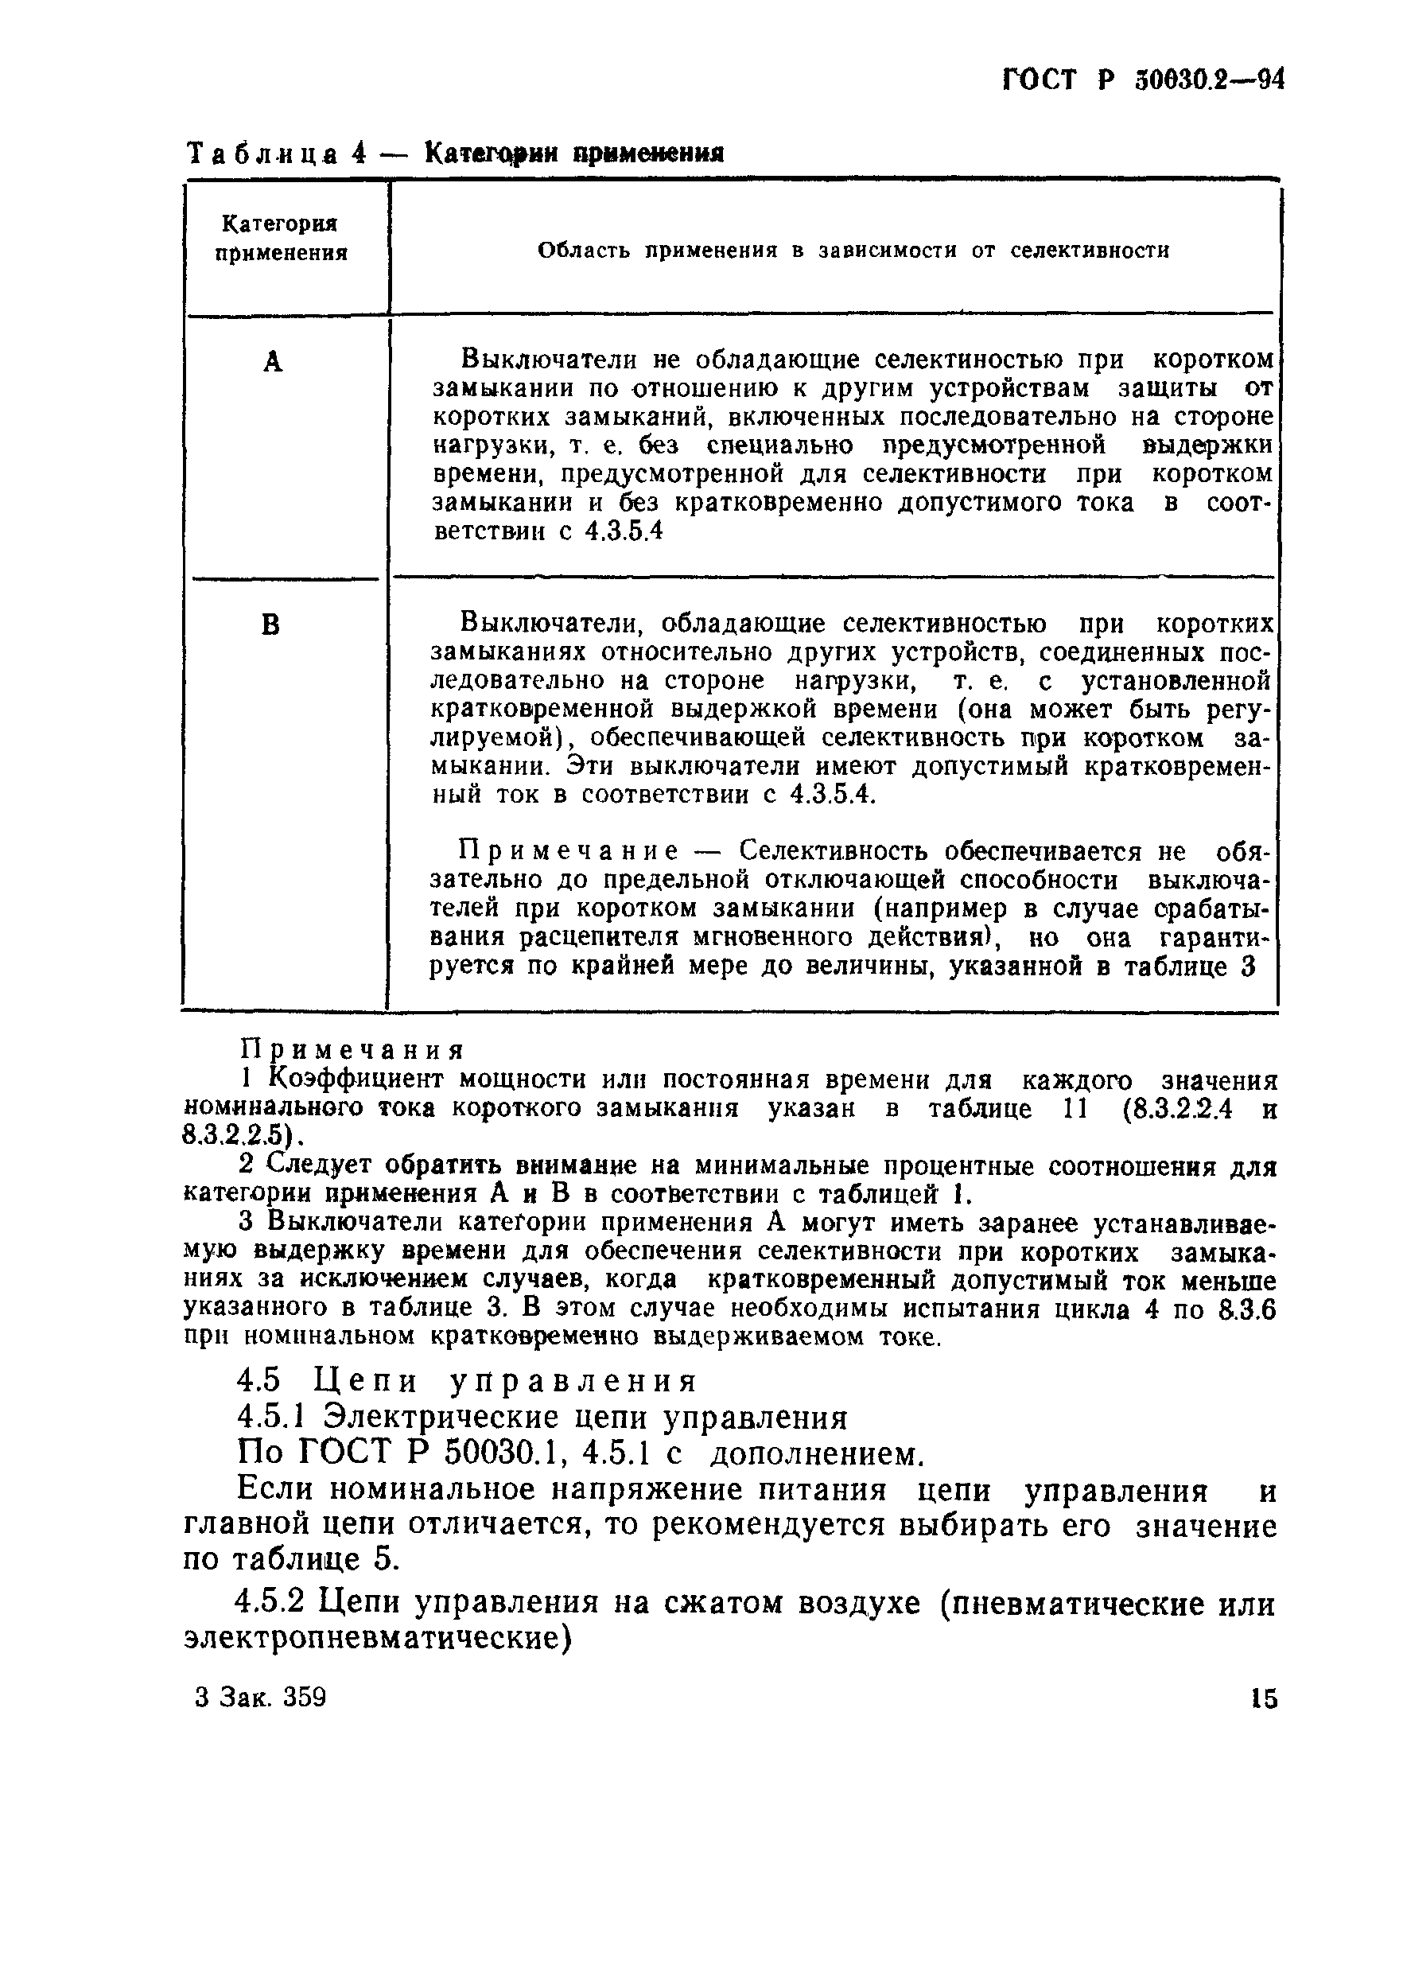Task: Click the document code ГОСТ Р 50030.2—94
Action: point(1143,80)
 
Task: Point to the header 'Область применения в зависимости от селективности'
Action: point(853,251)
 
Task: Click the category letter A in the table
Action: point(273,362)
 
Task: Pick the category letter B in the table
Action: point(270,624)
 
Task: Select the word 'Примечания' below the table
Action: point(352,1051)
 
